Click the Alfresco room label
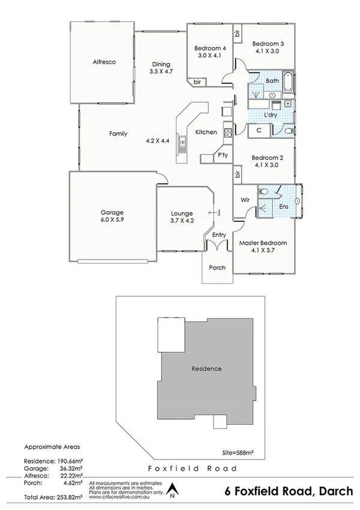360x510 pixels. point(103,62)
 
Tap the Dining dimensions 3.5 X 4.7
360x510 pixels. point(160,72)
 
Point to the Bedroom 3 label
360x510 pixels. point(267,43)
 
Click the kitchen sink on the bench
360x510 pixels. point(182,142)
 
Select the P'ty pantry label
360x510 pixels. point(223,155)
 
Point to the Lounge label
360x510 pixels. point(182,213)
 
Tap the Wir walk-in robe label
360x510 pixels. point(245,199)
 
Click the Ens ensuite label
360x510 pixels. point(284,206)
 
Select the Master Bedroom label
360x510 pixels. point(263,243)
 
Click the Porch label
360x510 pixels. point(217,268)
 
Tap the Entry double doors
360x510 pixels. point(216,246)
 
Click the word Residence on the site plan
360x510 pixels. point(206,368)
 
